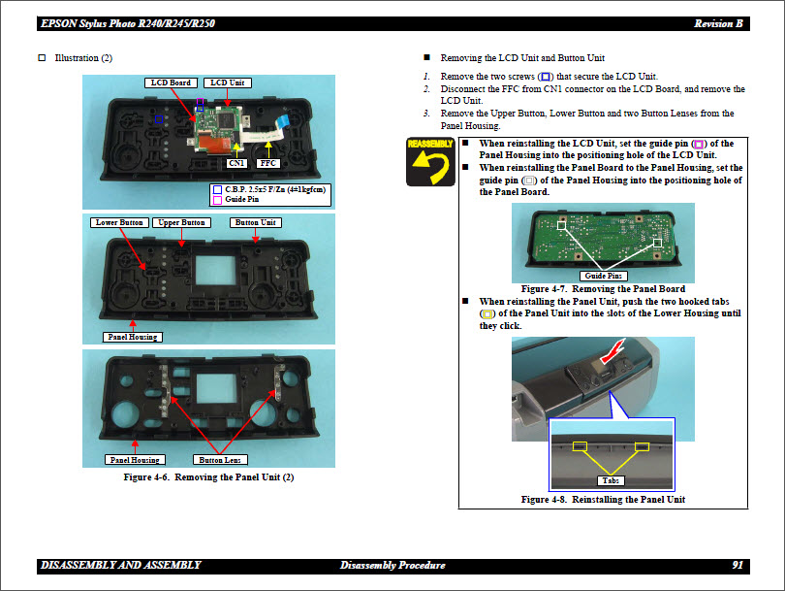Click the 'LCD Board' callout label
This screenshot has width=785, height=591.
coord(172,82)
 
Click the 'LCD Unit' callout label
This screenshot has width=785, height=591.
coord(230,82)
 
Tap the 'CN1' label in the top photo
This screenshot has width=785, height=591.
coord(235,164)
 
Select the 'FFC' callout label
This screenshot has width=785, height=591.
coord(269,164)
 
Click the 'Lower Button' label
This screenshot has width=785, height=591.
coord(120,222)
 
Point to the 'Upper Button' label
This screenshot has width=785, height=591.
coord(181,222)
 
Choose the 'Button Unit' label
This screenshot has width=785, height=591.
coord(257,222)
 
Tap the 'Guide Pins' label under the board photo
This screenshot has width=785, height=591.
coord(604,277)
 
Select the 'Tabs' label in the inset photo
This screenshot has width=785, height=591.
coord(611,480)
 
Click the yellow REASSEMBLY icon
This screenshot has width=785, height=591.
coord(431,161)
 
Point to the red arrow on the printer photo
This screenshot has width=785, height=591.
coord(612,347)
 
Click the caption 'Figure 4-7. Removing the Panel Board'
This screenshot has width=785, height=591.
coord(603,288)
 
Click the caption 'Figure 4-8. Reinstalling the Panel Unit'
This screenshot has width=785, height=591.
coord(603,499)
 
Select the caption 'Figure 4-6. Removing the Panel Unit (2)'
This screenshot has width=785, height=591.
coord(208,476)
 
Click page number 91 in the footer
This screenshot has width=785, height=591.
coord(738,565)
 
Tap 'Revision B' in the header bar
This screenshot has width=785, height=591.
coord(719,23)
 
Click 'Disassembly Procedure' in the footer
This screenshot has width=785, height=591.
coord(392,565)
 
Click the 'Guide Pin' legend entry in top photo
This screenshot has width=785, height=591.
coord(241,199)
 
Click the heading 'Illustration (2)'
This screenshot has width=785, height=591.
coord(83,58)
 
